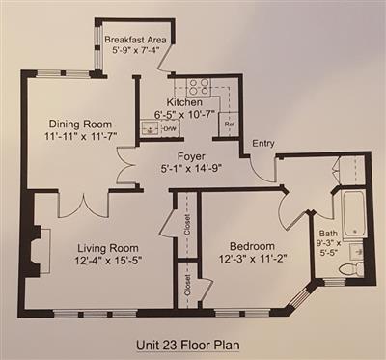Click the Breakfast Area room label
pos(135,40)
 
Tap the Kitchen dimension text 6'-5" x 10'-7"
pos(184,114)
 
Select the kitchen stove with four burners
pos(198,88)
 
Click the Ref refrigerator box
pos(229,124)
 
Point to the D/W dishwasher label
pos(170,129)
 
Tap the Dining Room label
pos(80,124)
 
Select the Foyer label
pos(191,156)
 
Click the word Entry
pos(263,143)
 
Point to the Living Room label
pos(108,248)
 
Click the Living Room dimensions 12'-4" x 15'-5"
pos(108,260)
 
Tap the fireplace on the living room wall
pos(38,251)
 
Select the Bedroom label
pos(252,246)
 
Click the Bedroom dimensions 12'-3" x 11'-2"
pos(253,258)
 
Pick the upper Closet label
pos(187,225)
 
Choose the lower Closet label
pos(187,285)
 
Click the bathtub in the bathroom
pos(353,213)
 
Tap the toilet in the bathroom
pos(351,269)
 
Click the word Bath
pos(328,234)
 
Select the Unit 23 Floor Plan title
pos(188,346)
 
